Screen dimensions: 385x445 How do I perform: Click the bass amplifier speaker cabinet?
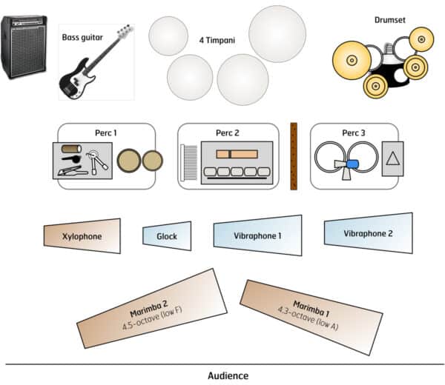pos(24,47)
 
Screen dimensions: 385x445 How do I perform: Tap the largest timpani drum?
pos(277,33)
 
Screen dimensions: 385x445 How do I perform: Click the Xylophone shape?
pos(82,236)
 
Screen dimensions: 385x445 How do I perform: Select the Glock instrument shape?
pos(167,236)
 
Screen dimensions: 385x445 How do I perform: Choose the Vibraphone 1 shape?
pos(258,235)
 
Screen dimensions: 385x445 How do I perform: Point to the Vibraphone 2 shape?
pos(368,232)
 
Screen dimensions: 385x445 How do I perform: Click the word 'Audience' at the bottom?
pos(228,375)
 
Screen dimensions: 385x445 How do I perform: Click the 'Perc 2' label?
pos(228,133)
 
